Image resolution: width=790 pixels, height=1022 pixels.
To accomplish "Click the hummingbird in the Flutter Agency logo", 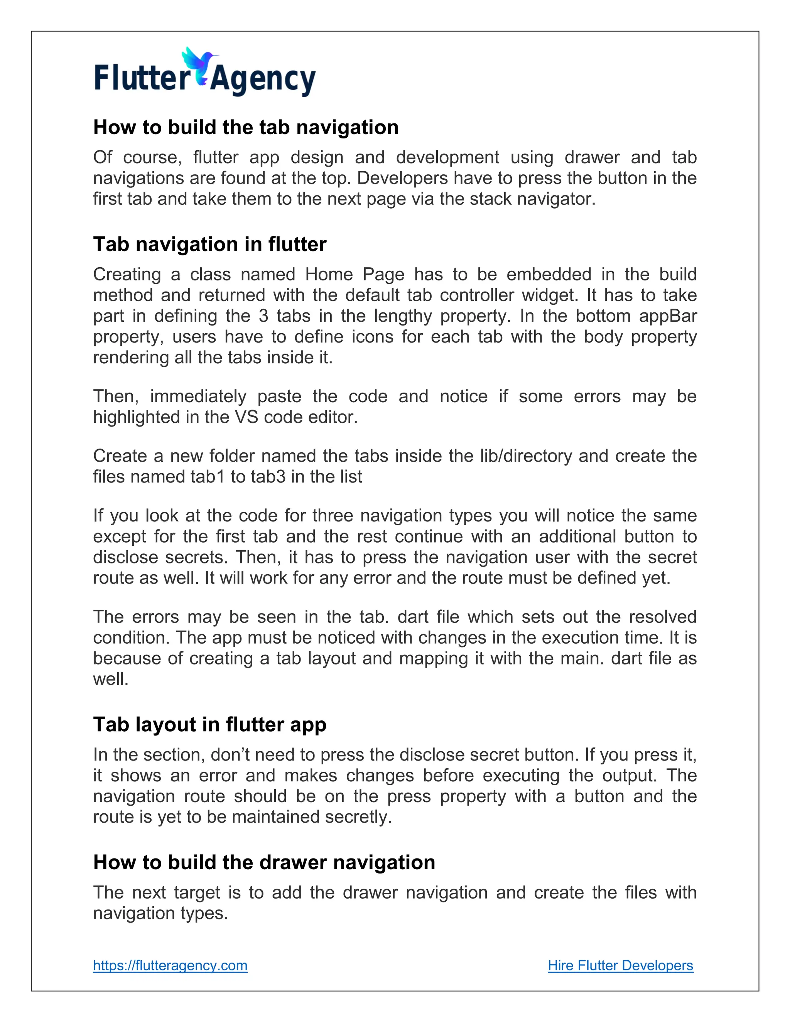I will [x=198, y=66].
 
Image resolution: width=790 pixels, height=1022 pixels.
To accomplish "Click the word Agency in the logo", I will [x=263, y=79].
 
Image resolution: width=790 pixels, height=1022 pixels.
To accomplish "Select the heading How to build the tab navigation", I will [x=246, y=127].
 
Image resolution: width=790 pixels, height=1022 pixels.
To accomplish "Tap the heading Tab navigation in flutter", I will [x=210, y=244].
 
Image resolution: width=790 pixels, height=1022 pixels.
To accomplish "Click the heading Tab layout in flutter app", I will [x=210, y=724].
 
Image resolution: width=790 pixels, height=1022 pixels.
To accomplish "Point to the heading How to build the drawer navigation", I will [x=264, y=862].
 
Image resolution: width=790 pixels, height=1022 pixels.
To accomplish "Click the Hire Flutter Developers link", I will [x=620, y=965].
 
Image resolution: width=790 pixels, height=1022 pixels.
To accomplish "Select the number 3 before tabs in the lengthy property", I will [x=263, y=316].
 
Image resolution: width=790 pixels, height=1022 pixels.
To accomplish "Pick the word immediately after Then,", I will [x=198, y=396].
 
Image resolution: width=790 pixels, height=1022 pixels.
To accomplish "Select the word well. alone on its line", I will [x=110, y=679].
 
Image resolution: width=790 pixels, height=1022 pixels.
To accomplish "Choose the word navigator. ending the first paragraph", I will [x=557, y=199].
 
